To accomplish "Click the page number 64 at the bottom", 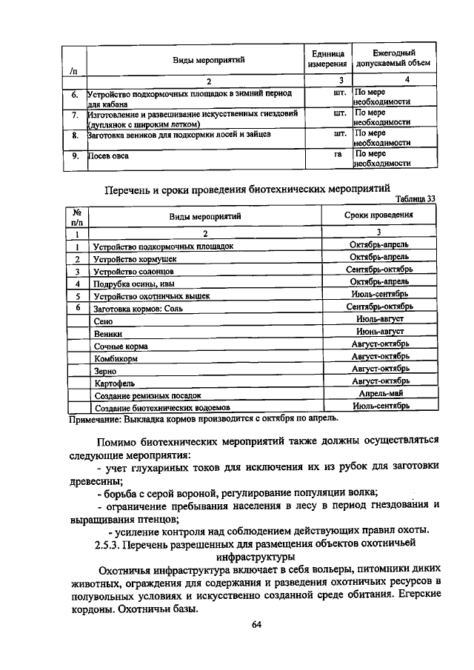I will click(257, 624).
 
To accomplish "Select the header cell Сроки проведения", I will click(379, 215).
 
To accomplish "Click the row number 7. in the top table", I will click(76, 116).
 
